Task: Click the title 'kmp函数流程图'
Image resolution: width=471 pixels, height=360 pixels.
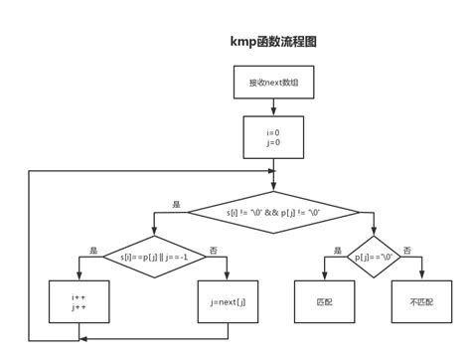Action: (x=273, y=42)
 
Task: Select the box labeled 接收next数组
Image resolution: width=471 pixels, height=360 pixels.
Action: (x=273, y=83)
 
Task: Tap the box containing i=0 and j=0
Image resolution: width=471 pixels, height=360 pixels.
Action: (x=273, y=137)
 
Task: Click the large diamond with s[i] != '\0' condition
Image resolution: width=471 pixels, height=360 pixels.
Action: (x=273, y=212)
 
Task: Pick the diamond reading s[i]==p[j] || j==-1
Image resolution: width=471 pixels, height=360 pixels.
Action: (x=154, y=257)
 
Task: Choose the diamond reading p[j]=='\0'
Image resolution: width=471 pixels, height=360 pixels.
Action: (x=374, y=257)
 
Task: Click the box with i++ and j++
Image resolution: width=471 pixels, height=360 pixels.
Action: (x=79, y=301)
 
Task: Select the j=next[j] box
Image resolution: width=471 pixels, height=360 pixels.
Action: (x=228, y=301)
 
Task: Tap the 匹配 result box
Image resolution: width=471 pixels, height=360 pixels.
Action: (x=324, y=301)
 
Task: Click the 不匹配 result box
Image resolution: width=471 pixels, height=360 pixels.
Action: (x=421, y=301)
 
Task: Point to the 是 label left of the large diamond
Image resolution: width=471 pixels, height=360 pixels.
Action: (x=176, y=205)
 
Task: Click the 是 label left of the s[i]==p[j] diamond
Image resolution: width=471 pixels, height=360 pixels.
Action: (x=93, y=250)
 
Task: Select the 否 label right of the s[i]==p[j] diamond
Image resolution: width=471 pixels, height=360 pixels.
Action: (x=214, y=250)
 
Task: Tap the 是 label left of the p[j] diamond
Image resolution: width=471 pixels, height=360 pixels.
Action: (x=338, y=250)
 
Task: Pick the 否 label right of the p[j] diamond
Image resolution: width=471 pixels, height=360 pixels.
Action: (x=407, y=250)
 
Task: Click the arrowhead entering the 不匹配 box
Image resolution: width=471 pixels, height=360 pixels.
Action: (x=421, y=276)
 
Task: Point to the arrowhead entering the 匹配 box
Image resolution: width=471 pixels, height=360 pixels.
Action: (x=324, y=276)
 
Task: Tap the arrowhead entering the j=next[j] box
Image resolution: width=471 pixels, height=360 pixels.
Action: (x=228, y=276)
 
